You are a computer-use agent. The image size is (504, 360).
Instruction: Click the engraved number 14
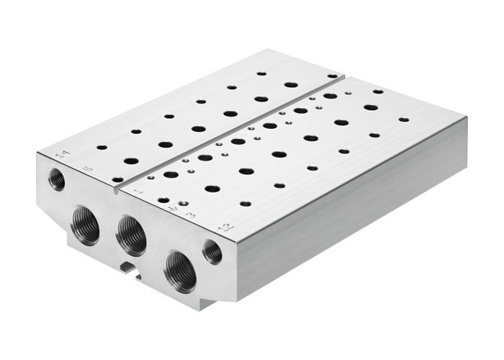(x=62, y=154)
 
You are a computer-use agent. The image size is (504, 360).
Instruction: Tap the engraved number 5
(x=88, y=169)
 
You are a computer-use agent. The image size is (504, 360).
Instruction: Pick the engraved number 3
(x=190, y=215)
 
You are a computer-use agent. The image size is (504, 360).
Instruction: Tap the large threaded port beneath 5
(x=86, y=225)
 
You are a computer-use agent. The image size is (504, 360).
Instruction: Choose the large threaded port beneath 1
(x=132, y=235)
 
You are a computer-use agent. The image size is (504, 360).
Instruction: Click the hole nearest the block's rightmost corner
(x=403, y=120)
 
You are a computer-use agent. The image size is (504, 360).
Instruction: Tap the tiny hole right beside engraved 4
(x=184, y=204)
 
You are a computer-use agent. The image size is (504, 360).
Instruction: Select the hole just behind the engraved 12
(x=246, y=203)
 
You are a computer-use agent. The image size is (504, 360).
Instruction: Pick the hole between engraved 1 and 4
(x=163, y=199)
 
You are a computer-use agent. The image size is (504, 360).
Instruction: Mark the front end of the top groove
(x=116, y=191)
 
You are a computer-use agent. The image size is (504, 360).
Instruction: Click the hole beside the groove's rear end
(x=332, y=76)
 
